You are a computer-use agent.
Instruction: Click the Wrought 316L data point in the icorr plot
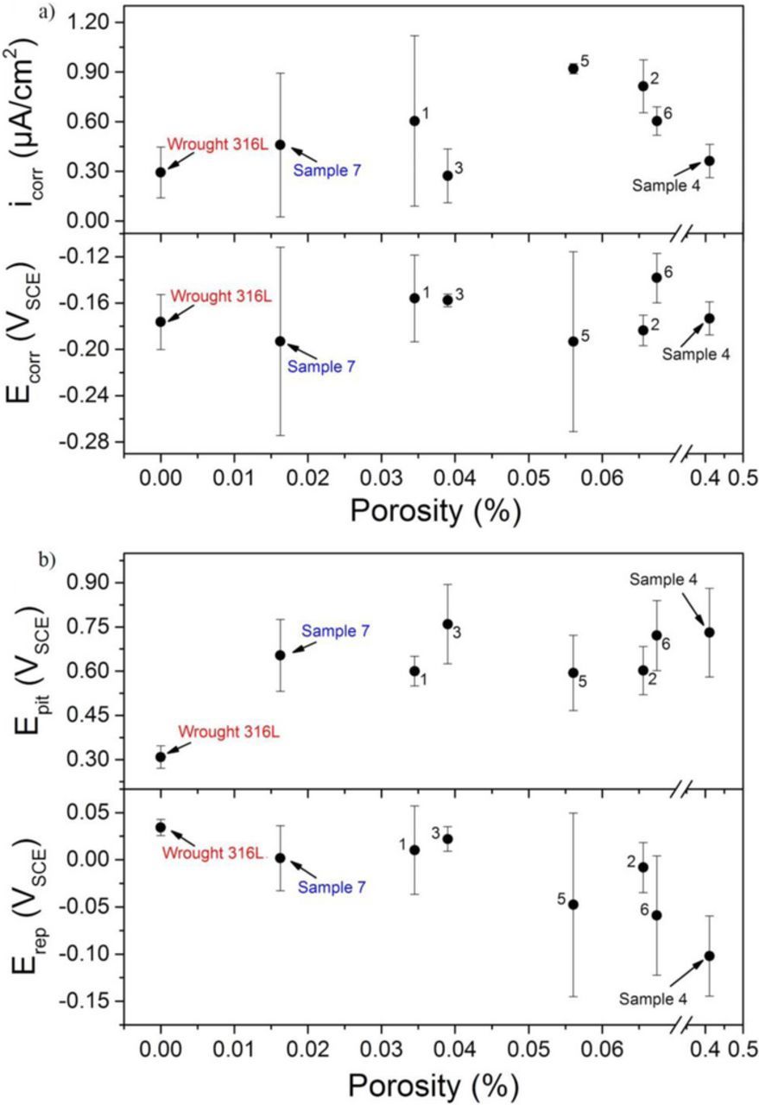(x=161, y=172)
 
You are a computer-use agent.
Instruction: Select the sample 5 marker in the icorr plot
(x=572, y=68)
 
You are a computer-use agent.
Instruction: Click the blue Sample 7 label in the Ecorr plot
(x=321, y=366)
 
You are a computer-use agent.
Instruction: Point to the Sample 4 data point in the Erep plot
(x=709, y=956)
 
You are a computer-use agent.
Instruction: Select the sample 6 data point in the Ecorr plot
(x=656, y=277)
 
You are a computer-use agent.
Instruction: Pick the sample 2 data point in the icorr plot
(x=642, y=85)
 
